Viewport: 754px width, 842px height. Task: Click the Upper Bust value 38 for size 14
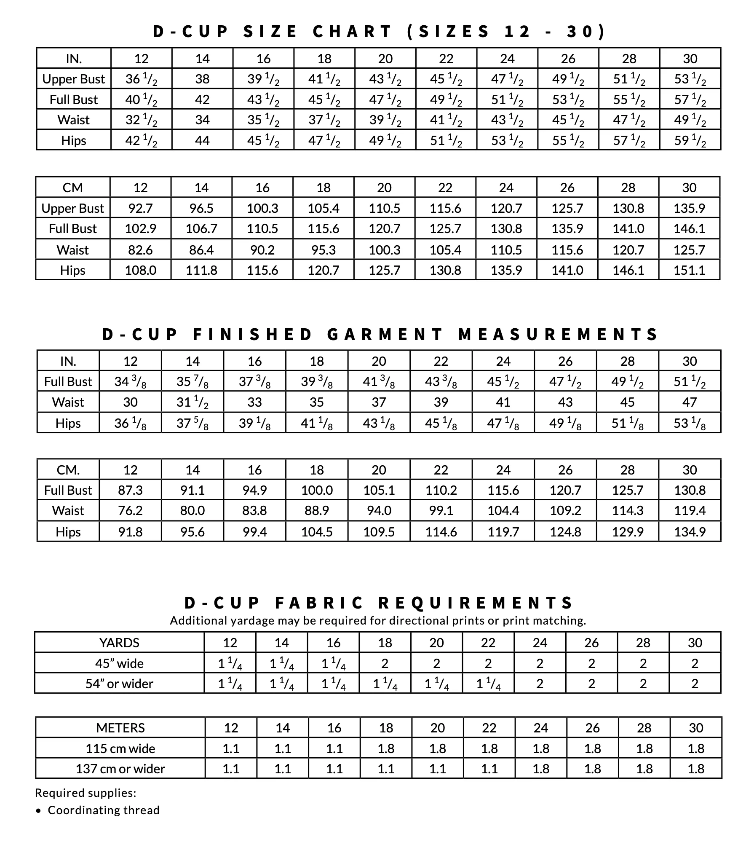[x=202, y=79]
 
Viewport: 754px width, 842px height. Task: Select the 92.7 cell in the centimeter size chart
[x=140, y=208]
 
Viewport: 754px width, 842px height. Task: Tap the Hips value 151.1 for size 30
[x=689, y=270]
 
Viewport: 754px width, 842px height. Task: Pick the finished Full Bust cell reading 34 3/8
[x=130, y=382]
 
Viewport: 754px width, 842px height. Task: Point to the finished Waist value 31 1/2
[x=193, y=402]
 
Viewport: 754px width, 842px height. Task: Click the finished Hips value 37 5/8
[x=193, y=423]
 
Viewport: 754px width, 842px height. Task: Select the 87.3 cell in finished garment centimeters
[x=130, y=490]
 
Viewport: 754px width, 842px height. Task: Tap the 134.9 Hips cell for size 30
[x=690, y=532]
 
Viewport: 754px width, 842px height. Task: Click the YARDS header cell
[x=119, y=643]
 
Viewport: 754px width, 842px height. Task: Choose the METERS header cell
[x=120, y=728]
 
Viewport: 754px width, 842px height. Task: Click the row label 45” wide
[x=119, y=663]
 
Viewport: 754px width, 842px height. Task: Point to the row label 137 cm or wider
[x=120, y=769]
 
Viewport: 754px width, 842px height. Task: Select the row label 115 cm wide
[x=120, y=748]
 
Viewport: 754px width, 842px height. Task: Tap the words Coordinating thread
[x=104, y=810]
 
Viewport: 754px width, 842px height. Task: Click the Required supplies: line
[x=86, y=793]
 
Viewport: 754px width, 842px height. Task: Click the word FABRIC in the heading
[x=319, y=603]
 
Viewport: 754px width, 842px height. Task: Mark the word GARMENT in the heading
[x=385, y=334]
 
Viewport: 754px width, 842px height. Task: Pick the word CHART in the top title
[x=352, y=32]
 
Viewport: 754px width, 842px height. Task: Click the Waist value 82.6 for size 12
[x=140, y=250]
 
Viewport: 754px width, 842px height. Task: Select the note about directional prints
[x=378, y=620]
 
